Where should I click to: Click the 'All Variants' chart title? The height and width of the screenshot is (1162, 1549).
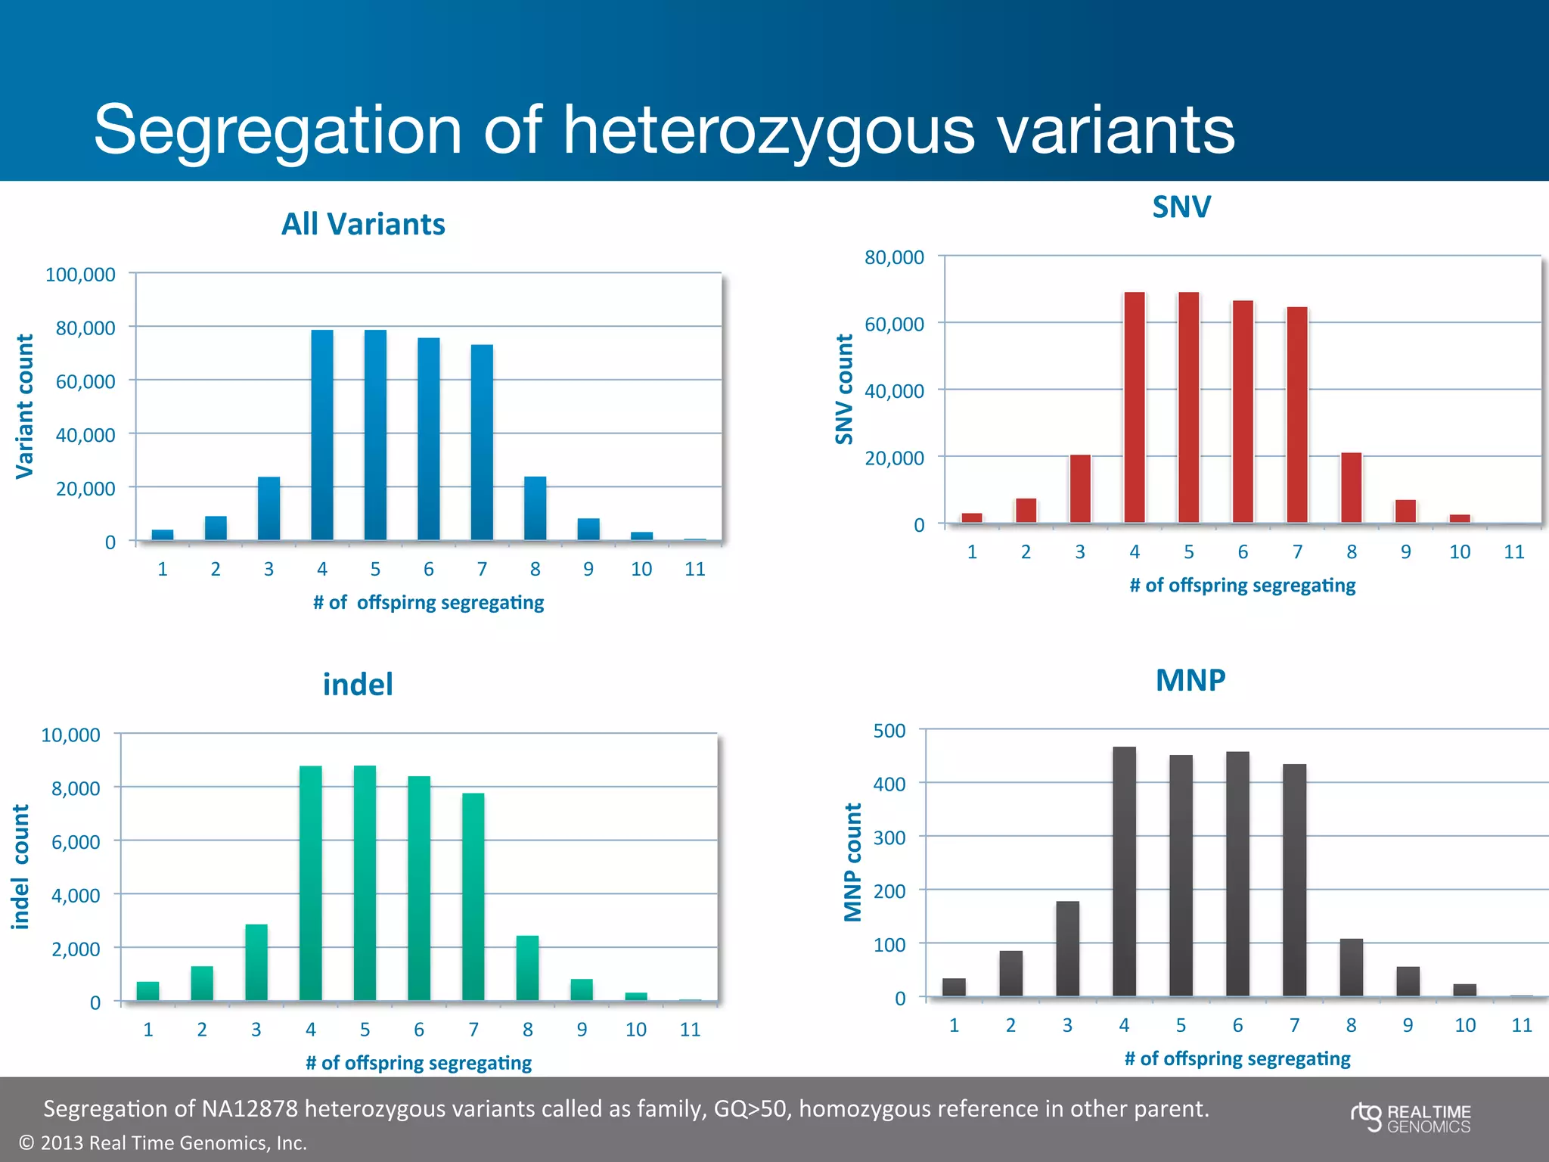363,224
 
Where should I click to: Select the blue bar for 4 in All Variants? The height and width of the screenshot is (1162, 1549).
322,435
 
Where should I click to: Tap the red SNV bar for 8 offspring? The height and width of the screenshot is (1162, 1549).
1352,488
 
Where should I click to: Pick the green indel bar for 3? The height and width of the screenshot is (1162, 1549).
256,962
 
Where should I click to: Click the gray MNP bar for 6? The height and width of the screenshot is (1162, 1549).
1237,874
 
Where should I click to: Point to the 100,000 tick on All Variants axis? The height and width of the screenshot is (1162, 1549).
80,275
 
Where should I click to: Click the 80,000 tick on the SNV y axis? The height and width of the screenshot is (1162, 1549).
894,257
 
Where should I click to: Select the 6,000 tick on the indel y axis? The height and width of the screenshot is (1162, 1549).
76,842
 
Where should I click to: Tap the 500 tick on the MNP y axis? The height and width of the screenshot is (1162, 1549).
889,731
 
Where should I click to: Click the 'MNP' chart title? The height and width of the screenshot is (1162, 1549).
1190,680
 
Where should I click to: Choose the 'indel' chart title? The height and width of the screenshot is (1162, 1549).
358,685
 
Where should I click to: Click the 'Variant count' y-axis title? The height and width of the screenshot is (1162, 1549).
25,406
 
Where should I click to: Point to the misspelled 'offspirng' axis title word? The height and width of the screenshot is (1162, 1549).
396,603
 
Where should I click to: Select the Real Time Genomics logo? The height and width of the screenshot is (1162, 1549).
1411,1118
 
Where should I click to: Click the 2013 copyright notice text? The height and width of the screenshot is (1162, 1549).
163,1143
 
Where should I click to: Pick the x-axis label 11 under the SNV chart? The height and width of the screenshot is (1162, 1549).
1513,552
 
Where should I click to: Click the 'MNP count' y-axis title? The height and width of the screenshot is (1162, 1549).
853,862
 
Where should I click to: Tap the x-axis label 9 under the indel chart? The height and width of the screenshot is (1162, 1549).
582,1030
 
